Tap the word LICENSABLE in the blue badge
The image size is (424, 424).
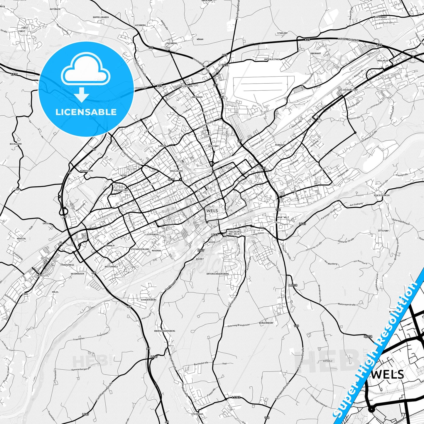coord(86,112)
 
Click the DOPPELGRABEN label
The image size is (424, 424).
coord(101,17)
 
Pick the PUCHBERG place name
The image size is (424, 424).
coord(172,43)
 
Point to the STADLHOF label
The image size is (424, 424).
coord(282,33)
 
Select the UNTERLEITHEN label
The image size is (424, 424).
coord(272,59)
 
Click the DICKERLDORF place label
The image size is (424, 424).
coord(350,89)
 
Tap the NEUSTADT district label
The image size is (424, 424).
coord(213,146)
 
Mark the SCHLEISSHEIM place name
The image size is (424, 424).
coord(381,195)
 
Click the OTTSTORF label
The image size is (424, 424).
coord(383,231)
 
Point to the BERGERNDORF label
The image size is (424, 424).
coord(266,323)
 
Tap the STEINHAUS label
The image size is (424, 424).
coord(197,414)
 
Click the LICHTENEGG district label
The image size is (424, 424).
coord(152,234)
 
